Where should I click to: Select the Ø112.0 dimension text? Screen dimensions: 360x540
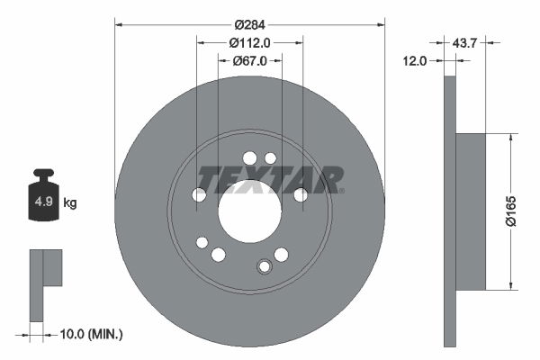249,41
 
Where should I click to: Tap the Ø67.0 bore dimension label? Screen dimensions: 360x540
249,61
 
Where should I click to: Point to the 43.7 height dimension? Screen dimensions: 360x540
465,42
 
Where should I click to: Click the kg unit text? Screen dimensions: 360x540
70,203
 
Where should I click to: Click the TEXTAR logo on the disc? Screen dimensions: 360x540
270,179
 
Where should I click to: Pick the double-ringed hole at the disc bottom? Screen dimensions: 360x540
265,266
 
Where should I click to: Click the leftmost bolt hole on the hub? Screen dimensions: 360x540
199,194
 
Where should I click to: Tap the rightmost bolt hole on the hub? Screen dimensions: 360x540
301,194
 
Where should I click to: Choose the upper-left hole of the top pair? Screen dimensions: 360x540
249,157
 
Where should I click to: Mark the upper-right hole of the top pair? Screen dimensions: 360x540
270,158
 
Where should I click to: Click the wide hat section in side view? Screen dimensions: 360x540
470,211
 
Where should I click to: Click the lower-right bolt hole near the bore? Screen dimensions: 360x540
281,255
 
